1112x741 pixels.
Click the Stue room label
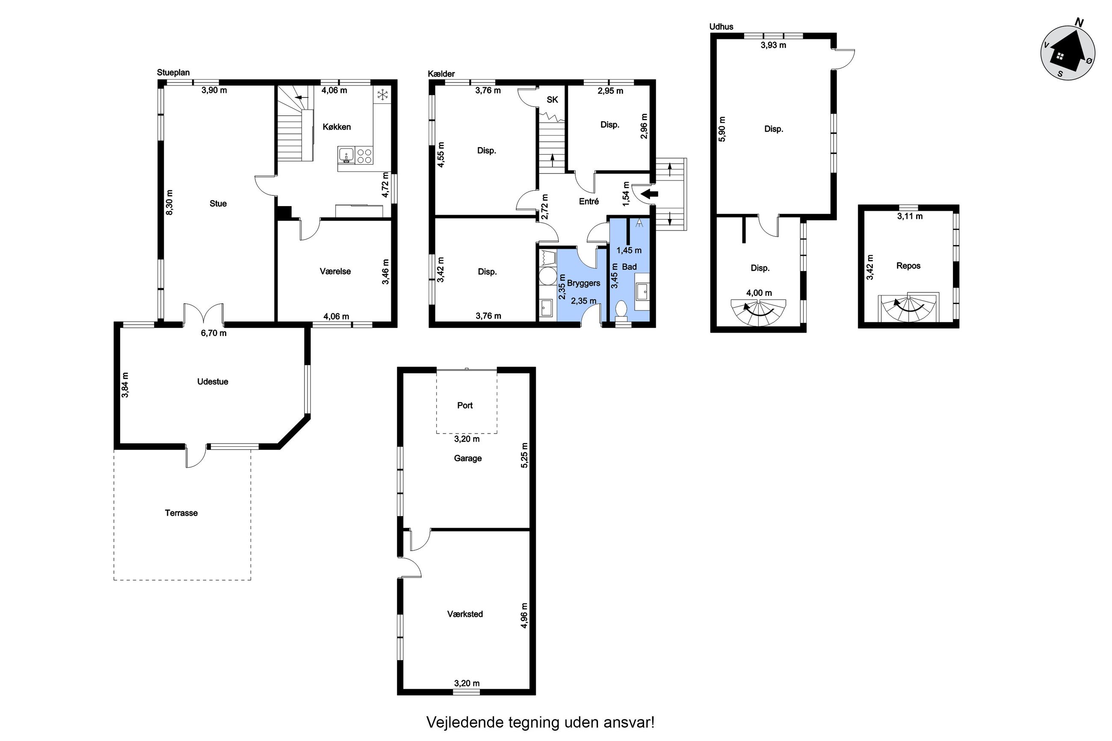218,204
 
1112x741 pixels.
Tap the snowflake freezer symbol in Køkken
382,94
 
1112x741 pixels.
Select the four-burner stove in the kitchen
364,156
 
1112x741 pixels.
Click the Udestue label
213,382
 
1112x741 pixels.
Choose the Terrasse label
181,513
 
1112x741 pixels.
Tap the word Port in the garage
464,405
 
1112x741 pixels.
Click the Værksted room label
464,614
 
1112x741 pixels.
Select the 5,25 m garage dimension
523,455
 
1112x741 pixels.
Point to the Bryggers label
584,283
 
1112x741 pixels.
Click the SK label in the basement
552,100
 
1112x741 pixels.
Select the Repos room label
908,266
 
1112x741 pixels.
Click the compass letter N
1079,22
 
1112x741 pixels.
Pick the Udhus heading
721,27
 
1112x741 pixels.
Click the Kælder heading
441,74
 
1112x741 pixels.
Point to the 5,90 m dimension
722,129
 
